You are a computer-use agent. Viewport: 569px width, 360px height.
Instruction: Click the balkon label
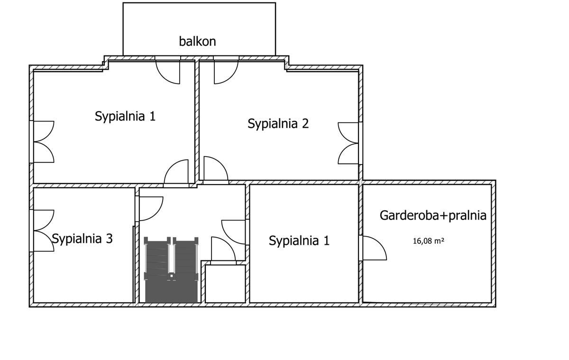tap(197, 41)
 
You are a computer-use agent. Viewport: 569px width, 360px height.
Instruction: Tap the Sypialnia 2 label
tap(278, 124)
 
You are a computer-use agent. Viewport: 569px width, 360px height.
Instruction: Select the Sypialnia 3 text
tap(82, 239)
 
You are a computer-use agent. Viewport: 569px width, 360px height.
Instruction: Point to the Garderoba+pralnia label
tap(433, 215)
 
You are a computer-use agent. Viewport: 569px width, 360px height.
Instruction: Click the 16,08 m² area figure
tap(428, 241)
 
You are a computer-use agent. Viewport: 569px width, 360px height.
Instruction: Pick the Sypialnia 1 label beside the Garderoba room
tap(299, 241)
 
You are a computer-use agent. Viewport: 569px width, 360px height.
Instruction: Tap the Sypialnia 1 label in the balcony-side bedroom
tap(125, 116)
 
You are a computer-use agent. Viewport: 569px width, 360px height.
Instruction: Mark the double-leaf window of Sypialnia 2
tap(349, 143)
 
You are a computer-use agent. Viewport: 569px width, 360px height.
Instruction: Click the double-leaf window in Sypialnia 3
tap(42, 230)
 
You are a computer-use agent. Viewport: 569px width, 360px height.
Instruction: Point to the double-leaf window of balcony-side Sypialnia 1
tap(43, 142)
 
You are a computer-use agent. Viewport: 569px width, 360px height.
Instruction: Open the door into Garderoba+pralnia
tap(374, 248)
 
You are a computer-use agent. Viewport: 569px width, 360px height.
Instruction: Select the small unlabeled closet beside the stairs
tap(225, 284)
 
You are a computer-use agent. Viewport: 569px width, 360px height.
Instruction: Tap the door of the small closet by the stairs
tap(223, 250)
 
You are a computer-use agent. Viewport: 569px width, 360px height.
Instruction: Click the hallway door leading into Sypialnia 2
tap(215, 170)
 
